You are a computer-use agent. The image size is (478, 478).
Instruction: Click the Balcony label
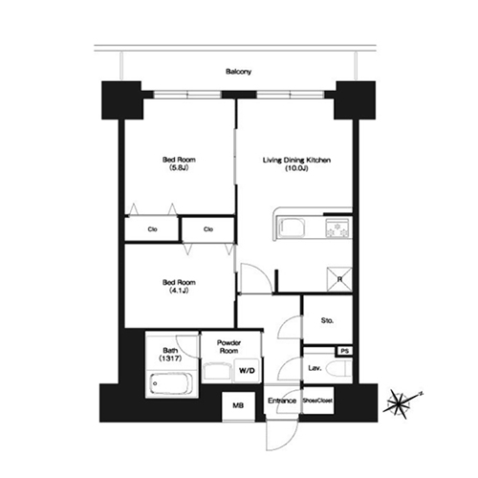coord(238,72)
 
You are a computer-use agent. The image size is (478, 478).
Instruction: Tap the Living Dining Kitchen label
coord(296,160)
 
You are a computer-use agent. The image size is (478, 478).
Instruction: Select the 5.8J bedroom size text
coord(179,167)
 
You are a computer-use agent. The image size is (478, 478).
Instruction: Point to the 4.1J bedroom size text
coord(179,291)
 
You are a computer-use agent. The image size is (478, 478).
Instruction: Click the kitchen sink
coord(291,228)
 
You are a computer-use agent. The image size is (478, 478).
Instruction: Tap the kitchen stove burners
coord(337,228)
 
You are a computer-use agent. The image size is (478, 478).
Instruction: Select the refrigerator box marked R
coord(339,279)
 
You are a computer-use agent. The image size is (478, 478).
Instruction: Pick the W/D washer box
coord(247,370)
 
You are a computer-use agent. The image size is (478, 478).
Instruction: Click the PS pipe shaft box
coord(345,351)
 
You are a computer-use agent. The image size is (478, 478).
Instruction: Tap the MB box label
coord(238,405)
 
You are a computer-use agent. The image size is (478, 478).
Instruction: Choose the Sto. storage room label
coord(327,320)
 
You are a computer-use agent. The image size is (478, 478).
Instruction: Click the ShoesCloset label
coord(317,401)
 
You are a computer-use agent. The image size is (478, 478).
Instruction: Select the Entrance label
coord(282,401)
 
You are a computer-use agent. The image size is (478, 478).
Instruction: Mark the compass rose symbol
coord(400,404)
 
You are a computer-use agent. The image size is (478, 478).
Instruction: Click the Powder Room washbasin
coord(218,370)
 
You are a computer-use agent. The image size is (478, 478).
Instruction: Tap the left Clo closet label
coord(152,229)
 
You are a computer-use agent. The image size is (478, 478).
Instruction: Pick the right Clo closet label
coord(208,229)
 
